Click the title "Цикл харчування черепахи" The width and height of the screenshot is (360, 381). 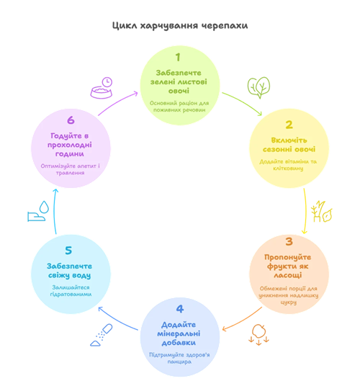tap(180, 26)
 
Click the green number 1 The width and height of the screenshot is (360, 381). tap(178, 58)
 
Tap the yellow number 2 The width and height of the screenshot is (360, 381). tap(289, 125)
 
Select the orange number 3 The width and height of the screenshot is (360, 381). tap(289, 241)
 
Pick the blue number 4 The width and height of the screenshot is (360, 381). tap(180, 309)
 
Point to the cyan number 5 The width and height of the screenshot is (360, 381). tap(68, 250)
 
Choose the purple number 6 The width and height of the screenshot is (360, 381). tap(71, 120)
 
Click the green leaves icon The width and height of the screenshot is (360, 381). tap(258, 88)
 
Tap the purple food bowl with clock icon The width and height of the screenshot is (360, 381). tap(102, 88)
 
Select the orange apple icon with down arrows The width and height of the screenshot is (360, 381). tap(258, 335)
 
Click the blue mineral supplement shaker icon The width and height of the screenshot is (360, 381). tap(102, 335)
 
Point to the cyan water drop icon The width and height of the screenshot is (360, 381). tap(38, 211)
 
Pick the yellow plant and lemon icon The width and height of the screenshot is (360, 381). tap(321, 212)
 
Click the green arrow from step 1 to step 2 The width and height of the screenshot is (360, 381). tap(243, 102)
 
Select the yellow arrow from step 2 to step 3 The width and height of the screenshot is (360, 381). tap(305, 211)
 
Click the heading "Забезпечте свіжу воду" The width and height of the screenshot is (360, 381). tap(69, 271)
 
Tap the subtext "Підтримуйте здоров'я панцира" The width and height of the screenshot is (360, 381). tap(179, 358)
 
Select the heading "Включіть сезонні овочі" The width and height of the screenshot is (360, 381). tap(289, 145)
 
